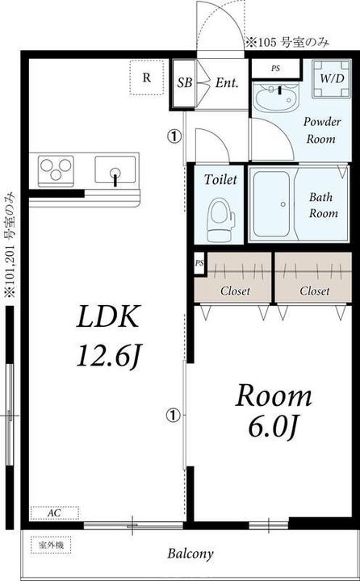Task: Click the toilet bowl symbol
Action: coord(221,219)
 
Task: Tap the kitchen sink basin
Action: coord(115,169)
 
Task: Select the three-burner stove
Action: coord(56,170)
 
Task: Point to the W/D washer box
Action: coord(331,79)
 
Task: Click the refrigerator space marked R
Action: coord(147,77)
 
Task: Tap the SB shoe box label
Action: coord(184,83)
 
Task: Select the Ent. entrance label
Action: coord(226,83)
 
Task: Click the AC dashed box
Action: coord(55,513)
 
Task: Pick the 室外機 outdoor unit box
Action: coord(51,545)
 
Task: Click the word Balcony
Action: coord(190,554)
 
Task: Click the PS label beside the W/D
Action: coord(275,69)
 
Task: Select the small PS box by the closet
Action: coord(199,263)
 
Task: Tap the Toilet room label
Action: coord(220,181)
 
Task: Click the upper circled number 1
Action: coord(174,137)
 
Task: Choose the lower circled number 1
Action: coord(174,415)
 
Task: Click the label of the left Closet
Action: coord(235,291)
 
